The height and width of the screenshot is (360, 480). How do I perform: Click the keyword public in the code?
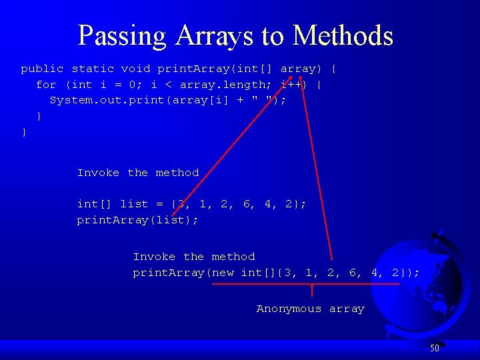[x=42, y=69]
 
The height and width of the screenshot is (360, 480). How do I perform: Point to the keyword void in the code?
[x=135, y=69]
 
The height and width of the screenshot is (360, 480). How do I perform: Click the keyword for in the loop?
[x=46, y=85]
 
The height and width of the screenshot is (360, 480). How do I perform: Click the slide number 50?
[x=434, y=348]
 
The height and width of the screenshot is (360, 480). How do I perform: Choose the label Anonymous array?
[x=311, y=309]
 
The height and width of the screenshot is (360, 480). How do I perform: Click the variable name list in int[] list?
[x=134, y=204]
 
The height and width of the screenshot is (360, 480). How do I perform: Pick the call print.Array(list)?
[x=137, y=220]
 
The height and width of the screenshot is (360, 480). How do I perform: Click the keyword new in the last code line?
[x=224, y=273]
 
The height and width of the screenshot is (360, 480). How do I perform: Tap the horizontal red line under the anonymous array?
[x=306, y=284]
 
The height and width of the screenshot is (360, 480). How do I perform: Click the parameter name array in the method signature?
[x=297, y=69]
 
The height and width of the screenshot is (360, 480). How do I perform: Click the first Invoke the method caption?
[x=138, y=173]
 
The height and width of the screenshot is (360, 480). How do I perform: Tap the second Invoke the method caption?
[x=194, y=257]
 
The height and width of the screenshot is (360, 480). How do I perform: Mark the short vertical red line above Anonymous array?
[x=312, y=291]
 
